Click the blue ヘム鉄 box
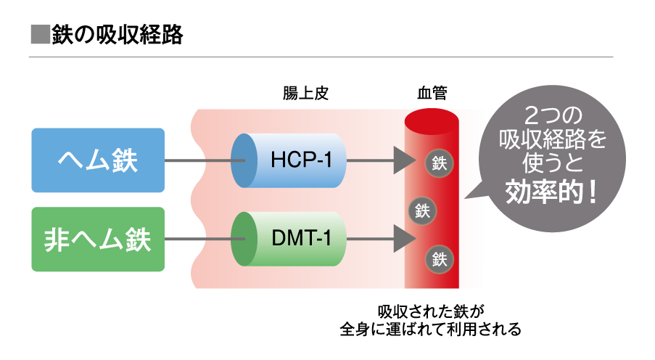(x=98, y=160)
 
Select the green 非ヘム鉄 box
(x=98, y=240)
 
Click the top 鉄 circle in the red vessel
(x=439, y=163)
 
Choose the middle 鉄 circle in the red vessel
(x=423, y=211)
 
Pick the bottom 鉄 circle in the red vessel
(x=439, y=258)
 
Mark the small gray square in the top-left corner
(x=41, y=34)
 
